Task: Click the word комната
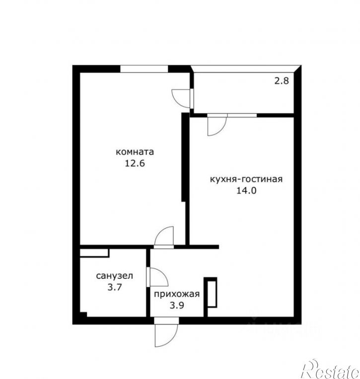coord(135,152)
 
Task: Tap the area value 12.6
coord(135,163)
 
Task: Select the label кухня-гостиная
coord(246,180)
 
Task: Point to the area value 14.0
coord(246,190)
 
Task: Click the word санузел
coord(114,276)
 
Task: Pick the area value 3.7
coord(114,287)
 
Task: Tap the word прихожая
coord(177,294)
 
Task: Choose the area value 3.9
coord(177,305)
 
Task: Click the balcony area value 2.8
coord(282,80)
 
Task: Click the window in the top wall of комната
coord(144,68)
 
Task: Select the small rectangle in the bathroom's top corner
coord(95,253)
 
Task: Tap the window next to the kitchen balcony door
coord(242,115)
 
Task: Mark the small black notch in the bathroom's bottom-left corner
coord(83,314)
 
